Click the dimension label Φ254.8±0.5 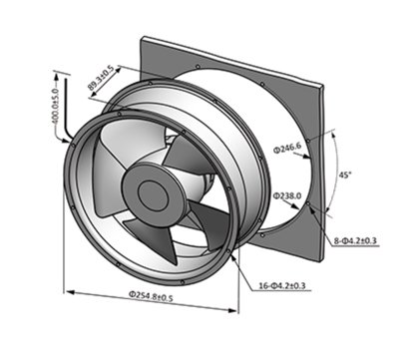tap(151, 295)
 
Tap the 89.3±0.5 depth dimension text tap(101, 78)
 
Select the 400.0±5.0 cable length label tap(56, 106)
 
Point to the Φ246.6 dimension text tap(287, 147)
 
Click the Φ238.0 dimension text tap(287, 196)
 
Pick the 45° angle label tap(345, 175)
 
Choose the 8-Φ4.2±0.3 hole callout tap(355, 240)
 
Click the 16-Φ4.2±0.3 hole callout tap(282, 285)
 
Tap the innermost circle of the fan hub tap(152, 193)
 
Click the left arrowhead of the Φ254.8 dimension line tap(70, 292)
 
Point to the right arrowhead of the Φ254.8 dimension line tap(232, 310)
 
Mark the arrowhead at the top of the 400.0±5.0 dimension tap(56, 77)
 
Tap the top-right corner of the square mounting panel tap(323, 86)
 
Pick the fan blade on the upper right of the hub tap(188, 157)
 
